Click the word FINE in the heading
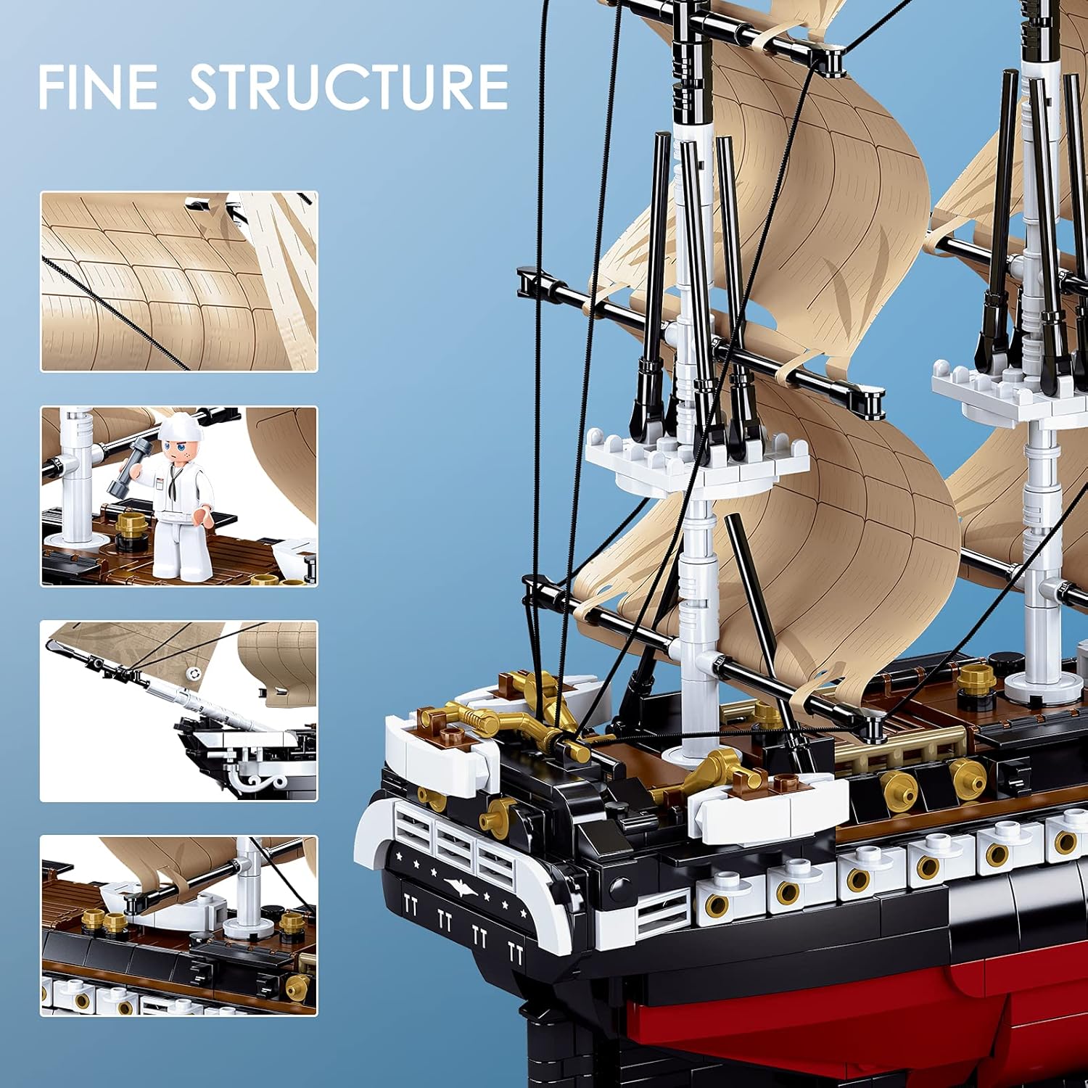click(98, 87)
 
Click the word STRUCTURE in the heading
click(348, 87)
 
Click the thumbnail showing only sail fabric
click(178, 281)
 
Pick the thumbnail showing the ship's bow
click(178, 711)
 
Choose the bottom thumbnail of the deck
click(178, 926)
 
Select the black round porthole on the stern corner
click(620, 885)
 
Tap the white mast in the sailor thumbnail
click(73, 479)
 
